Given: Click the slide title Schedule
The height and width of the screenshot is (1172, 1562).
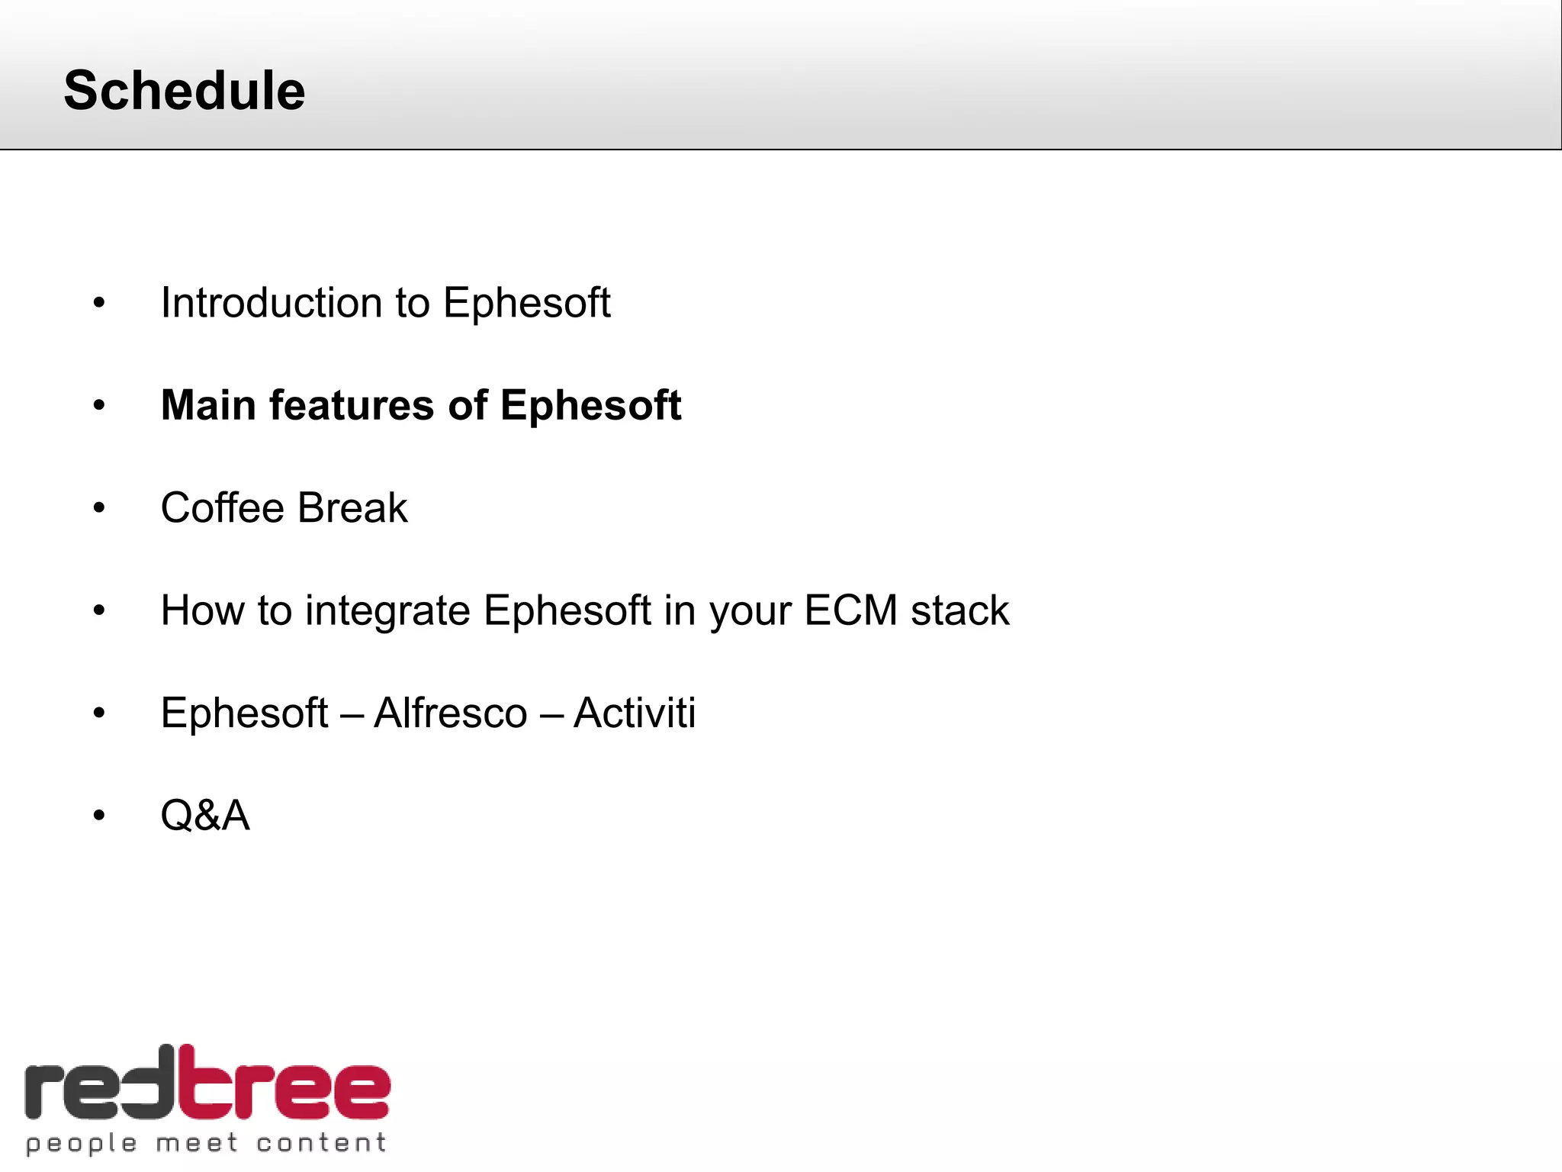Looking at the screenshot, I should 185,91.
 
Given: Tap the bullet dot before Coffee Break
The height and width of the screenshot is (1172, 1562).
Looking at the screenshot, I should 99,508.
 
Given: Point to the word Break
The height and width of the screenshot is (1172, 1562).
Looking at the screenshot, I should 352,508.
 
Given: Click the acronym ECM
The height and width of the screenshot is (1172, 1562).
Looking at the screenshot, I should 850,611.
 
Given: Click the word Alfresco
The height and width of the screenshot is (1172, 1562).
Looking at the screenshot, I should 451,713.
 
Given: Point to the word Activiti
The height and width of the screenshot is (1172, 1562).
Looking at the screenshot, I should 635,713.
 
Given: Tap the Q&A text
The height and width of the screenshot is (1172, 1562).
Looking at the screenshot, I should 205,816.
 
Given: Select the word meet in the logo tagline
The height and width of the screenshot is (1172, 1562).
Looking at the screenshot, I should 197,1143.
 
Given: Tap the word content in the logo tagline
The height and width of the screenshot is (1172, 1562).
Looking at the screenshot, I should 321,1143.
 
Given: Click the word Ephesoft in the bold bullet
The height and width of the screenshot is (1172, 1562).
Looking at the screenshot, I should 590,405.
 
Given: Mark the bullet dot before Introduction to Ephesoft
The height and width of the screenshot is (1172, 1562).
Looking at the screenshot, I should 99,304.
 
